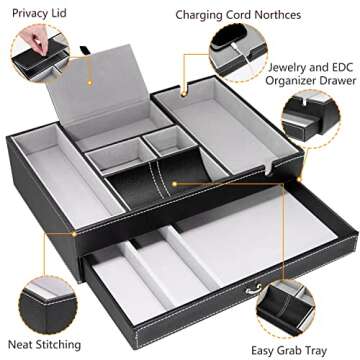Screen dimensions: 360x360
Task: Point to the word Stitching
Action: pyautogui.click(x=52, y=345)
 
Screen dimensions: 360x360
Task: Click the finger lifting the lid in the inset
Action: pyautogui.click(x=22, y=37)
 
